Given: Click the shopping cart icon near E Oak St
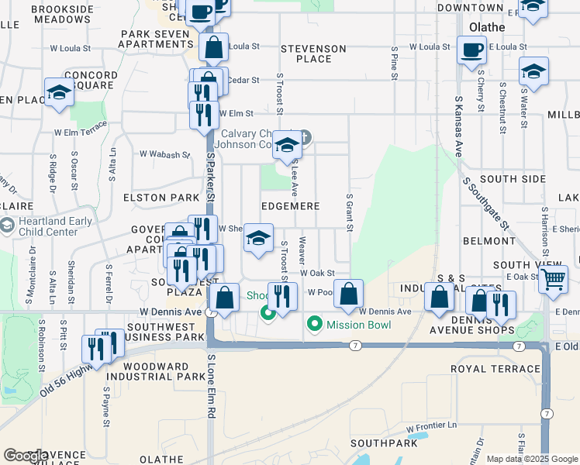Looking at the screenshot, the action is (553, 278).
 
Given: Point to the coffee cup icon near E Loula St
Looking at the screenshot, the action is (471, 51).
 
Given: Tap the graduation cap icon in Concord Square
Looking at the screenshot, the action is (59, 93).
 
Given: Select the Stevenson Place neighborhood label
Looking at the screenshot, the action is (313, 53).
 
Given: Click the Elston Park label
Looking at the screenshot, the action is (156, 198).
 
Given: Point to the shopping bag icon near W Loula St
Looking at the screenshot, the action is (213, 48).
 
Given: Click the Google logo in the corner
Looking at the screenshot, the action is (26, 456).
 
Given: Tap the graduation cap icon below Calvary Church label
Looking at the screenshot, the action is (287, 146).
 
